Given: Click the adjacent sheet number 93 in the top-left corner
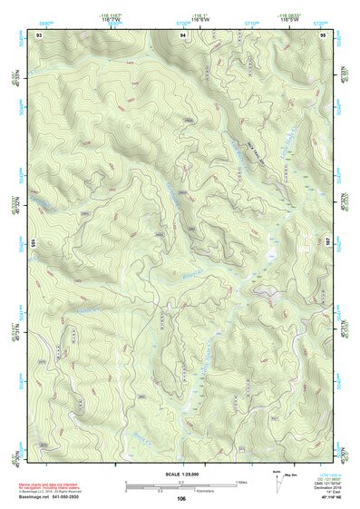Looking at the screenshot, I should pos(39,34).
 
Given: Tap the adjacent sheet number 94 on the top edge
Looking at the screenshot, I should pos(182,34).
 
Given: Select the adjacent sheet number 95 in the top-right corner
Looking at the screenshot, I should pos(323,34).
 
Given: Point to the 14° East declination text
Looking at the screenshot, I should pos(334,493).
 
